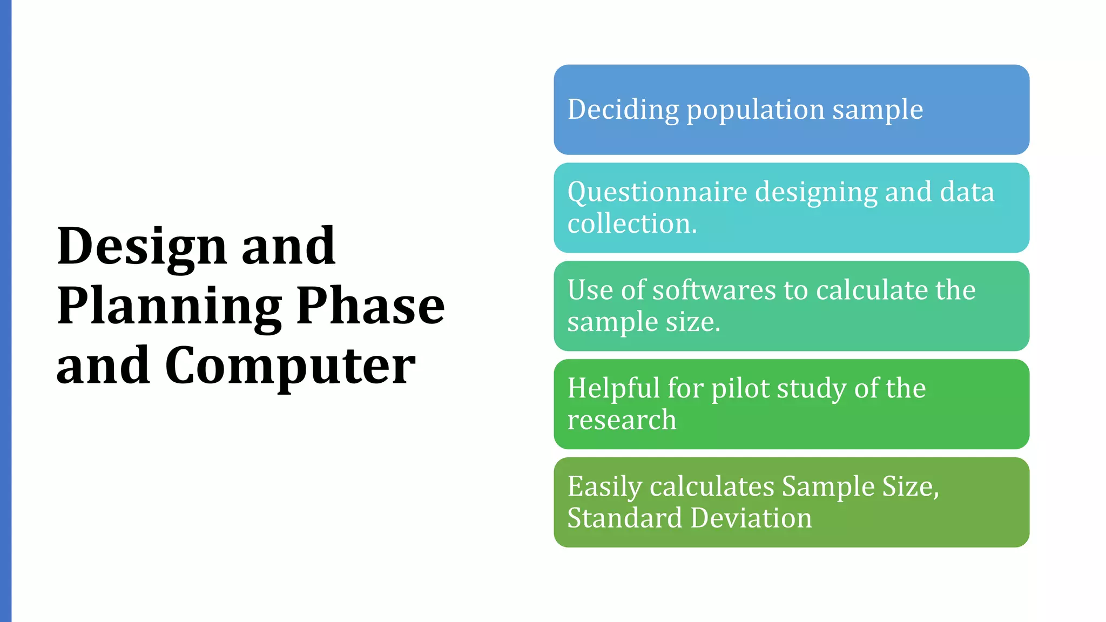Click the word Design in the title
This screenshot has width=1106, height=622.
click(x=141, y=247)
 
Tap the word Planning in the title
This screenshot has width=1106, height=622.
click(x=169, y=307)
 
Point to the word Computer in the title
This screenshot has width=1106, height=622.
click(x=290, y=366)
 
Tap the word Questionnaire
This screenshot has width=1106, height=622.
click(x=657, y=193)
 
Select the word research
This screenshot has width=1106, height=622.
click(x=622, y=420)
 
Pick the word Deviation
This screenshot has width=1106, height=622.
click(x=751, y=518)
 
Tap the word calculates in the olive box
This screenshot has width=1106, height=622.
click(x=712, y=486)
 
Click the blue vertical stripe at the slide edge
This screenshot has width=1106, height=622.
click(x=5, y=311)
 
